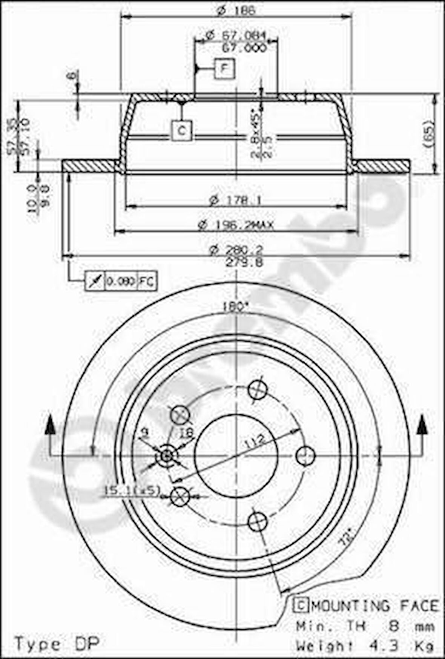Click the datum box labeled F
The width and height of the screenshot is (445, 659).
point(225,69)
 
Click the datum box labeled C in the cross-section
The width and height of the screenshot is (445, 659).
point(182,131)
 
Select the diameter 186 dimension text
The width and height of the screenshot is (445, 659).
point(237,10)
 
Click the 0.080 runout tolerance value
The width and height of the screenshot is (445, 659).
point(121,281)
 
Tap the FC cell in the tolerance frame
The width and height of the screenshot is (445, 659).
point(147,281)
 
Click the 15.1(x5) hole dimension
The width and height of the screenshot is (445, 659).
point(132,490)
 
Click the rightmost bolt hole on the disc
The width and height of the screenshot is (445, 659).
point(305,456)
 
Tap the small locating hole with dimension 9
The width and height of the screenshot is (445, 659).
point(166,457)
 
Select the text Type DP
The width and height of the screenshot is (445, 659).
point(57,643)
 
